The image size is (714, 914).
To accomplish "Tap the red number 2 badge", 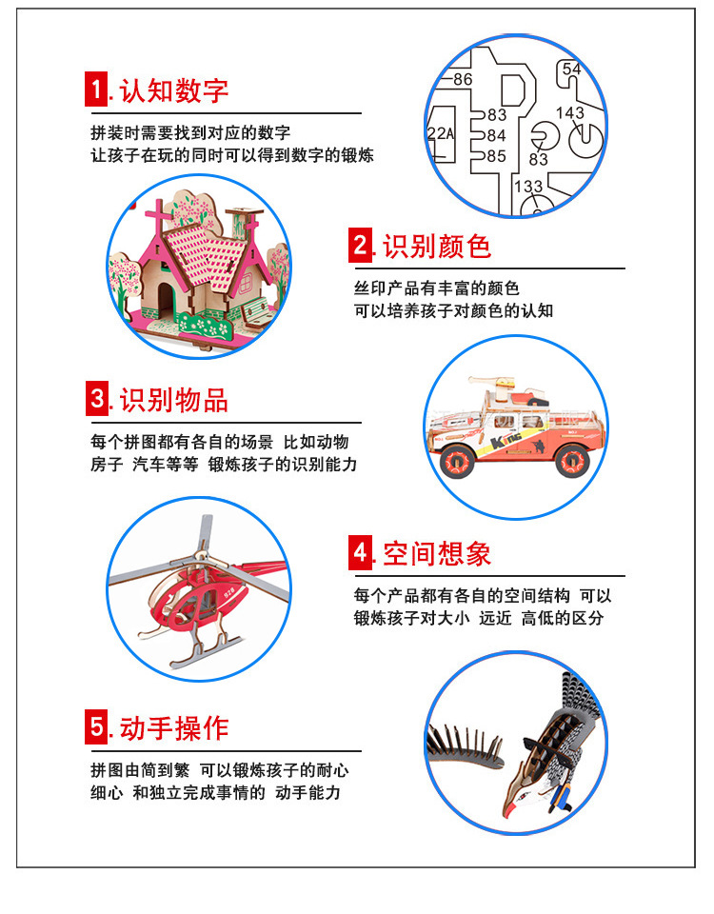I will click(360, 246).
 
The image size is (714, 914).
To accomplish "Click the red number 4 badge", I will click(360, 552).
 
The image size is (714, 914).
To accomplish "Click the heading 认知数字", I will click(174, 90).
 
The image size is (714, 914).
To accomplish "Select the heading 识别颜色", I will click(437, 246).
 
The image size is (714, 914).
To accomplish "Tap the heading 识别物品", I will click(174, 399).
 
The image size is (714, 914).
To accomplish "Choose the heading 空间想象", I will click(437, 553).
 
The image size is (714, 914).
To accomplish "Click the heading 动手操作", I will click(174, 727).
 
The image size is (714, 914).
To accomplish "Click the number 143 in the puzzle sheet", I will click(569, 113).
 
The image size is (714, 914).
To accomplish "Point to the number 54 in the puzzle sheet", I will click(571, 69).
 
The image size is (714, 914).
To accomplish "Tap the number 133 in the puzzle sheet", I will click(529, 187).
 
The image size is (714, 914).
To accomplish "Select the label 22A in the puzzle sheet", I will click(440, 134).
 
